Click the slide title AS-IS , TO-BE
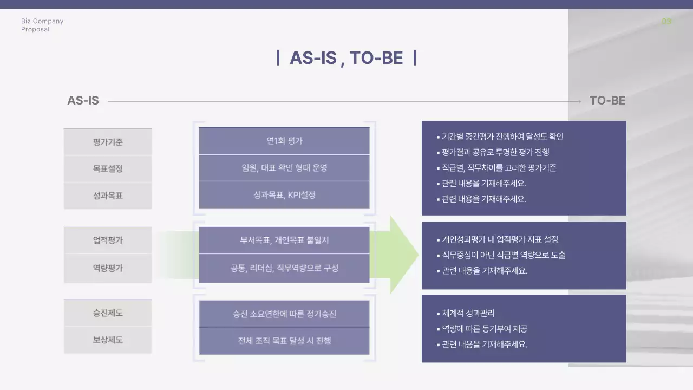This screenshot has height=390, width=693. tap(346, 57)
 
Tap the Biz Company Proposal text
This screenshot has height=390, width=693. tap(42, 25)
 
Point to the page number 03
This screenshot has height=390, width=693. tap(666, 22)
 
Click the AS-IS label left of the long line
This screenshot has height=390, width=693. tap(83, 101)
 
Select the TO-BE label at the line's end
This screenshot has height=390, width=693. tap(607, 101)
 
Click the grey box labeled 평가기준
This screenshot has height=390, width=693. tap(108, 142)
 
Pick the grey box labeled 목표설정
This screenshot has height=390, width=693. tap(108, 168)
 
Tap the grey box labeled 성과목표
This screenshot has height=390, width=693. tap(108, 196)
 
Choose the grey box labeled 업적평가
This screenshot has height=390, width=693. tap(108, 240)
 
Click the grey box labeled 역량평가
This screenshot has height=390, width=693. tap(108, 268)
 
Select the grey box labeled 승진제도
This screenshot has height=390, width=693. tap(108, 313)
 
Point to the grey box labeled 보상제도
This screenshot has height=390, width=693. tap(108, 340)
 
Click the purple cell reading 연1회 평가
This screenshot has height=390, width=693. tap(284, 141)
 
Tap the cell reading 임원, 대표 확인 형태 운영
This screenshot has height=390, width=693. tap(284, 168)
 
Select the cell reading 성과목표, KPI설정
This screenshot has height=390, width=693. tap(284, 195)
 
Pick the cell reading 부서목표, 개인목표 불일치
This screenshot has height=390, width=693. tap(284, 240)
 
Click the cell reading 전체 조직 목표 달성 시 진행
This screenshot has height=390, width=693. tap(284, 341)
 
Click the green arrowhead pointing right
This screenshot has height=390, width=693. tap(404, 255)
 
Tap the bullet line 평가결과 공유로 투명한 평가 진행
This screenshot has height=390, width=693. tap(495, 152)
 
